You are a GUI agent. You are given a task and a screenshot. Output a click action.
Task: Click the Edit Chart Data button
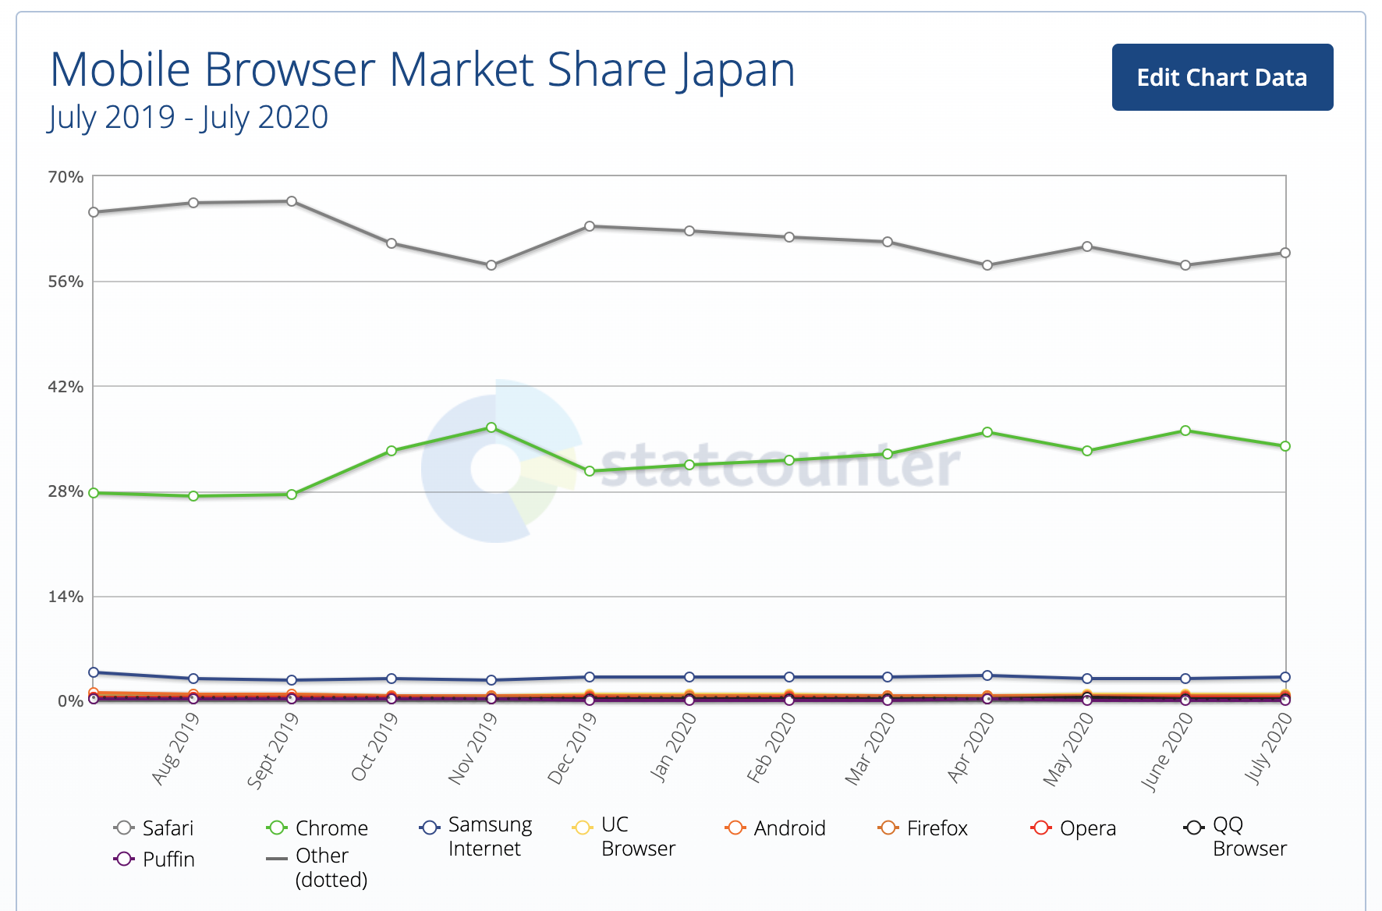1222,77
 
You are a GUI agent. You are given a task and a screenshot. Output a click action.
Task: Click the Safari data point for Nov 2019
491,265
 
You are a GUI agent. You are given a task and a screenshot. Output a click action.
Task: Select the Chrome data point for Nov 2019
491,427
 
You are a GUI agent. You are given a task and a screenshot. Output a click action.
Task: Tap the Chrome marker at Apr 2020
987,432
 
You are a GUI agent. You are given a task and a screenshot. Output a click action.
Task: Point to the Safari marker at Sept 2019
292,201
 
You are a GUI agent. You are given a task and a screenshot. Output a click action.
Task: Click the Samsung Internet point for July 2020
1285,677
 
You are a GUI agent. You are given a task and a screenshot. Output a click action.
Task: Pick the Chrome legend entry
318,828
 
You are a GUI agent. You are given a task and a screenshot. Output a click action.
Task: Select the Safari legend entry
154,828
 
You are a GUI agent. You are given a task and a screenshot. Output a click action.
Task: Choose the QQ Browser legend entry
1235,836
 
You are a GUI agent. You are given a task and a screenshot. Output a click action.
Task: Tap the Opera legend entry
1074,828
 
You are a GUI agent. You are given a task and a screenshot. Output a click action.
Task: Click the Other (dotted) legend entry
318,867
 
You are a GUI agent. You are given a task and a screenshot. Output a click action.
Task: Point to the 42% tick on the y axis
66,387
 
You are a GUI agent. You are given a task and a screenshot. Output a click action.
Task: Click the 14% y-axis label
66,597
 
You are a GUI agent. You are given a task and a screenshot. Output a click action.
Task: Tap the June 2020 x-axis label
1168,752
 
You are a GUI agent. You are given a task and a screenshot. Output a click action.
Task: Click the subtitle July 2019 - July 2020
188,117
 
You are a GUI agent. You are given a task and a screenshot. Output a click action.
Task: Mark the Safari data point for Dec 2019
590,226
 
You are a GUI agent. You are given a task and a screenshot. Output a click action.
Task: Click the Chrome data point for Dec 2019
590,471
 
